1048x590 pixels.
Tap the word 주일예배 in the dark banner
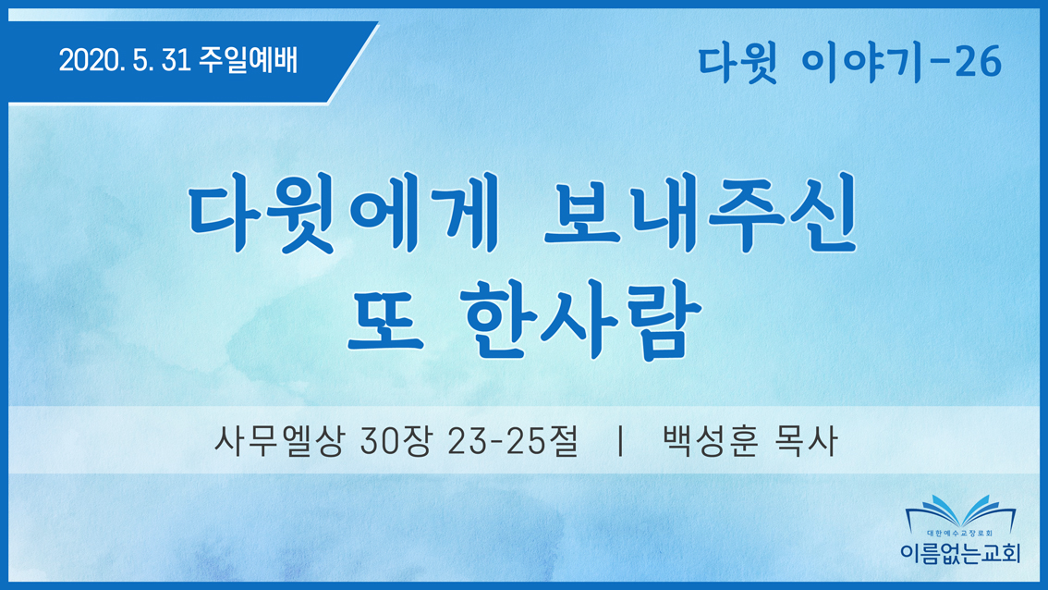tap(249, 60)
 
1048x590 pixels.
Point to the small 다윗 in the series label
tap(737, 64)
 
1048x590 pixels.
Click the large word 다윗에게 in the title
tap(344, 212)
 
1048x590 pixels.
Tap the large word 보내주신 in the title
tap(701, 212)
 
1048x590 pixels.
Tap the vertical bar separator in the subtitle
tap(621, 441)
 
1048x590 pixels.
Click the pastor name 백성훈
tap(710, 441)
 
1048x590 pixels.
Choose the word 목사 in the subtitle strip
tap(805, 441)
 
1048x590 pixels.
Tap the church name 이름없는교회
tap(960, 552)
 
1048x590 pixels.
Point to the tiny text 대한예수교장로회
tap(960, 534)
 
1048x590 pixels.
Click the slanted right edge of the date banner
tap(353, 63)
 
